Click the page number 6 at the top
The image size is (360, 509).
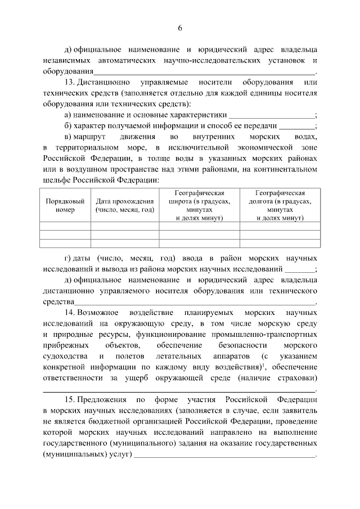[x=180, y=28]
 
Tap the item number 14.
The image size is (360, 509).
[x=70, y=312]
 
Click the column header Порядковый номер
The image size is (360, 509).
[x=65, y=205]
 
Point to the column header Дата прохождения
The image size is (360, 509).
[x=125, y=205]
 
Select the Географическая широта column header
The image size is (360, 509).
[x=200, y=205]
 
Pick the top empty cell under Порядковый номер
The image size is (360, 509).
[x=65, y=226]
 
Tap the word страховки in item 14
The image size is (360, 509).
[x=295, y=378]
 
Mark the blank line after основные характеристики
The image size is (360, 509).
[x=274, y=115]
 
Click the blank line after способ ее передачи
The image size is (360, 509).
[x=297, y=126]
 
